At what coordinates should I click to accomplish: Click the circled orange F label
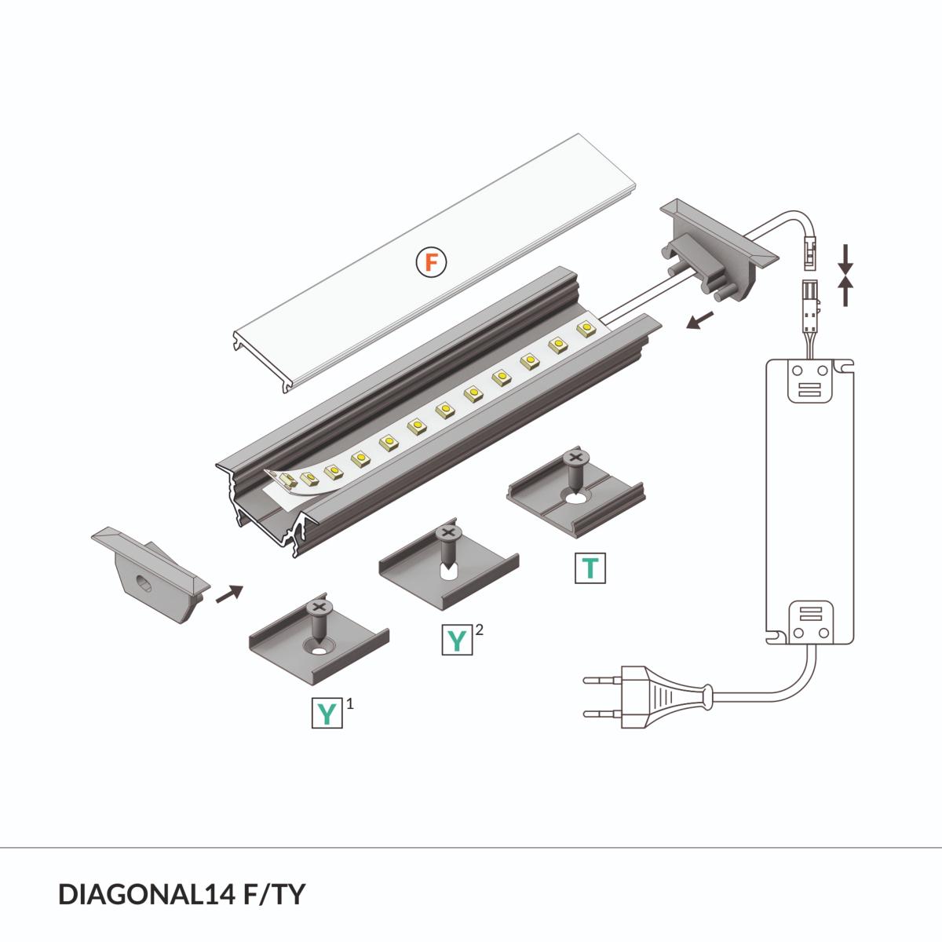[430, 261]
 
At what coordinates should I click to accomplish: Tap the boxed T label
[590, 568]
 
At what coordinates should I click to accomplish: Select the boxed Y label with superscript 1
[327, 713]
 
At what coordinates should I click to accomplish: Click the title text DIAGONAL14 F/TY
[181, 894]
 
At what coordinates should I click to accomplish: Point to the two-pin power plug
[644, 693]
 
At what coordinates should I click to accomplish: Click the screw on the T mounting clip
[575, 471]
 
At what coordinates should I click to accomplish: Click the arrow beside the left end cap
[228, 593]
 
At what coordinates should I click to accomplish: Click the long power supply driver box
[810, 502]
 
